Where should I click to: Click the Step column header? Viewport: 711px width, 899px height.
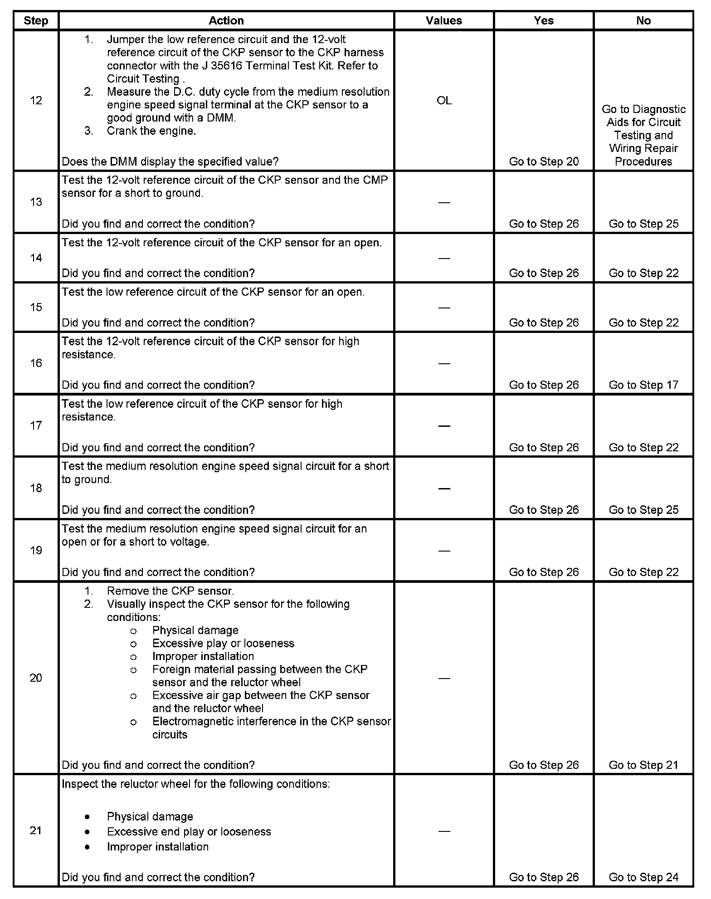(36, 20)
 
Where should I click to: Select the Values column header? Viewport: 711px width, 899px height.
(443, 20)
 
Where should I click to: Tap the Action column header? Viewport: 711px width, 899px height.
(226, 20)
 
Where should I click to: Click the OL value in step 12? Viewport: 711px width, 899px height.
(444, 101)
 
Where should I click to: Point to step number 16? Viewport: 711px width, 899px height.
(36, 363)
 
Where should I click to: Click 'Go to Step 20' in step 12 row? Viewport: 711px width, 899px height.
(544, 161)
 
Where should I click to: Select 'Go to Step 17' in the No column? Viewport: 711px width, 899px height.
(643, 385)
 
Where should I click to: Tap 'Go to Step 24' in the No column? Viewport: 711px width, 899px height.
(643, 877)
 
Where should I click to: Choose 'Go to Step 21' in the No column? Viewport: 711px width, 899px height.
(643, 765)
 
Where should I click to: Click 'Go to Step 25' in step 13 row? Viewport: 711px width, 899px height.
(643, 224)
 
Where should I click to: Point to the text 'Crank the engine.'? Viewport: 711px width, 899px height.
(151, 131)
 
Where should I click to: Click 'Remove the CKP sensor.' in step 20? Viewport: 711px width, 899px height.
(170, 591)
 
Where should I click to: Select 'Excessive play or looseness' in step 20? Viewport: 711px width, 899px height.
(223, 643)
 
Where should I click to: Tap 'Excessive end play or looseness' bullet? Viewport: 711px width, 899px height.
(189, 831)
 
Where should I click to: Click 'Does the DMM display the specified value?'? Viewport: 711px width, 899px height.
(170, 161)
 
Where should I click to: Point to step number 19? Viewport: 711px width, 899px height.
(36, 550)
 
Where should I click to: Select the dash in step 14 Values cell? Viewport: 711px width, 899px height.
(444, 258)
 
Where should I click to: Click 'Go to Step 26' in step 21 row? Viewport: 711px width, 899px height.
(544, 877)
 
